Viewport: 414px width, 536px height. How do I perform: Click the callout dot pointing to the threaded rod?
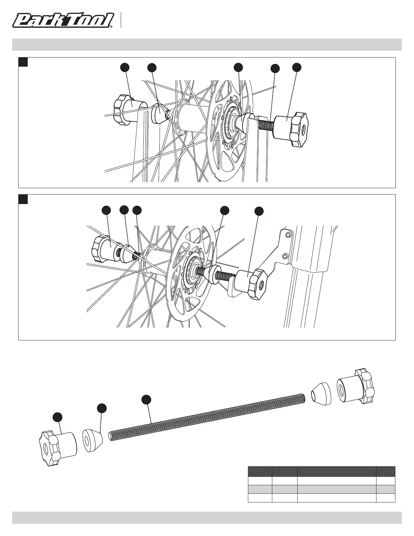[146, 399]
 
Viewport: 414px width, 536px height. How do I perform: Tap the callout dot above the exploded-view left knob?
[58, 417]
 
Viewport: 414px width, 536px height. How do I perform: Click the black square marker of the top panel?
[23, 62]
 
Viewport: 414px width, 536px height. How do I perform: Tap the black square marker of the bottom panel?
[23, 199]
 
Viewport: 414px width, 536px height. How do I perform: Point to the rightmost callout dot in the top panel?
[297, 67]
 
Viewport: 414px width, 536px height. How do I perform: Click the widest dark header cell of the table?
[337, 471]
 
